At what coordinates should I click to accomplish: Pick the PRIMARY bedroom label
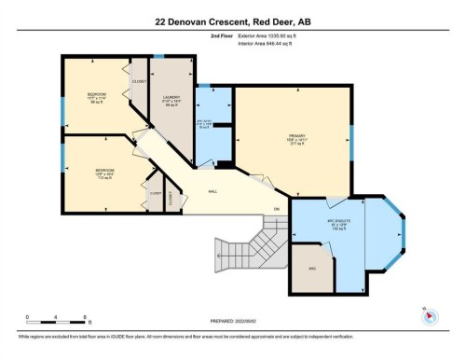(x=297, y=138)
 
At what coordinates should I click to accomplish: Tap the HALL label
(x=214, y=193)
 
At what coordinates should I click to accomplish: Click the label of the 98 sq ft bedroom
(x=97, y=96)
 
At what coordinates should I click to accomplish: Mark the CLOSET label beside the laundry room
(x=140, y=81)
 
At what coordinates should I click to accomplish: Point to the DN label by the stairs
(x=276, y=207)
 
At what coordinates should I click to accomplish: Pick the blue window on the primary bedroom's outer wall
(x=351, y=140)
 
